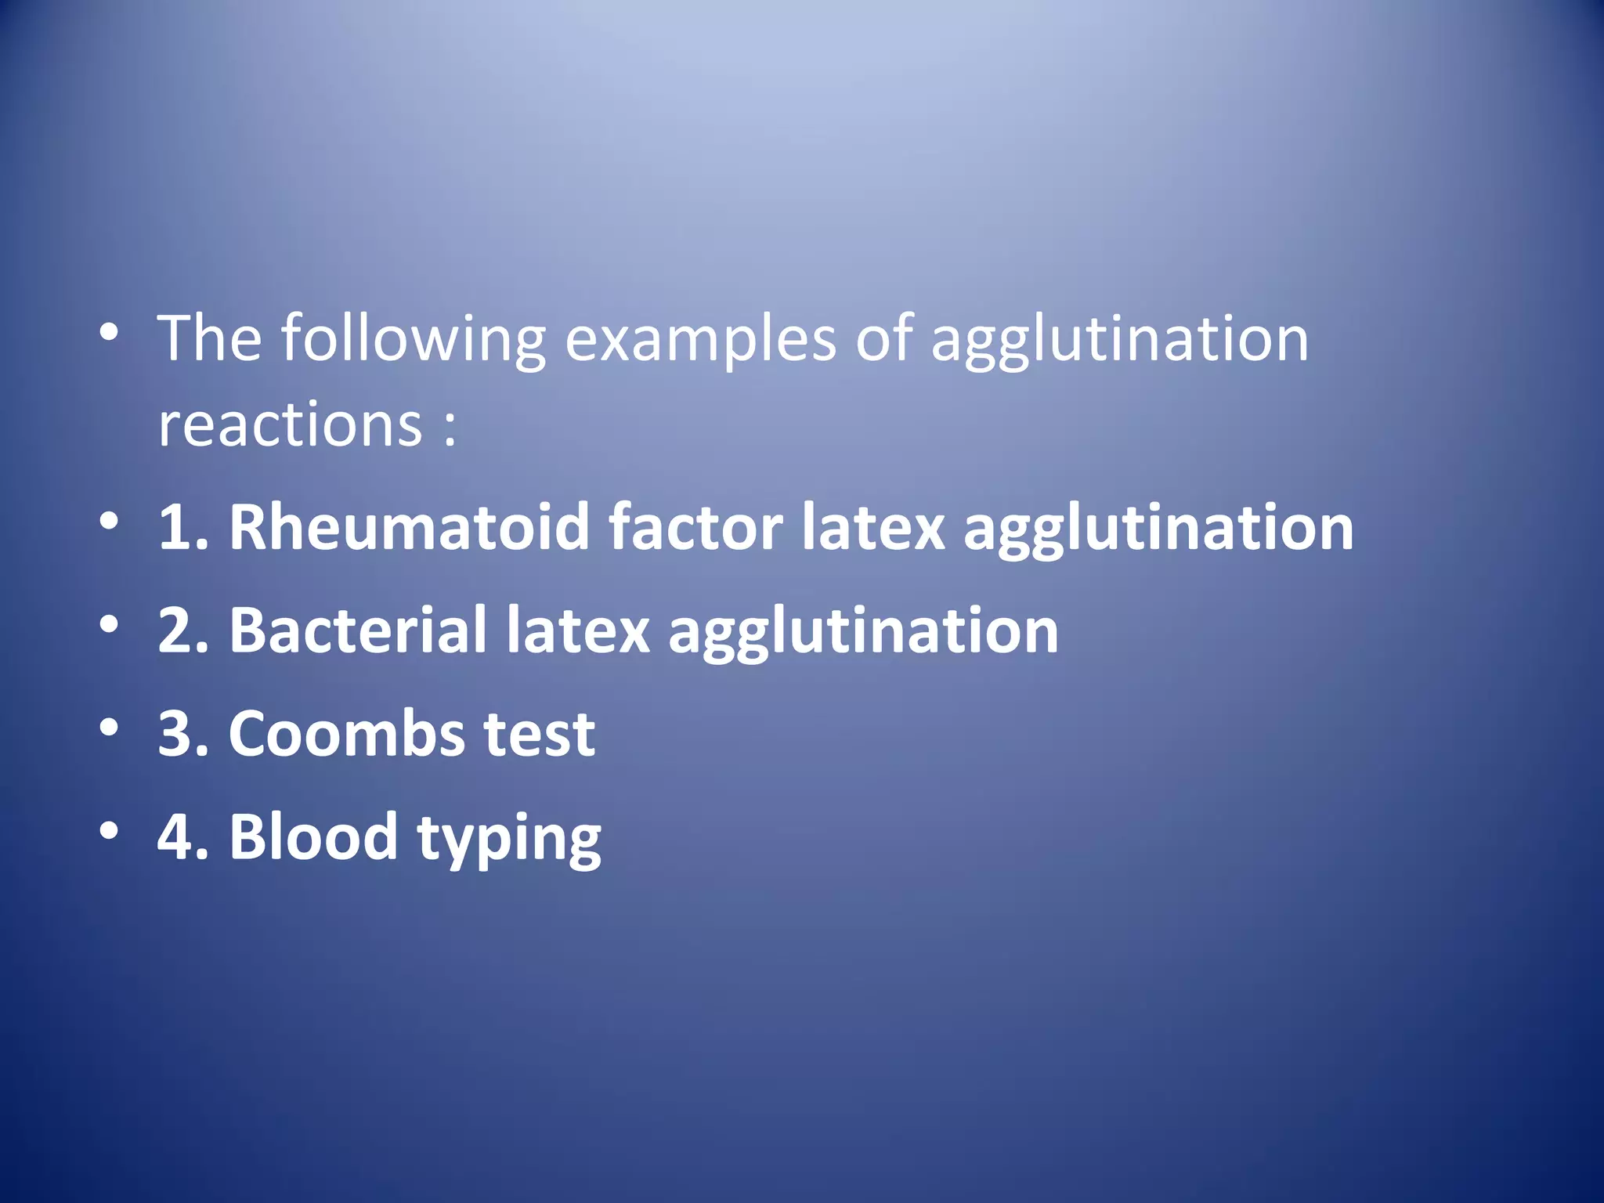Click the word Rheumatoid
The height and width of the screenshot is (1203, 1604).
tap(408, 528)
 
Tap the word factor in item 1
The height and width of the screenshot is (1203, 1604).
tap(695, 528)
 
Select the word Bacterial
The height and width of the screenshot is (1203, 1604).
tap(358, 631)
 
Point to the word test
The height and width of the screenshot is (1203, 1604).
tap(540, 735)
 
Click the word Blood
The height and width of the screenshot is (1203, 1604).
tap(313, 837)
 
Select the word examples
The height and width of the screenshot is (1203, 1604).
tap(700, 340)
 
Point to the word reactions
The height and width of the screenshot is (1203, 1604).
tap(291, 425)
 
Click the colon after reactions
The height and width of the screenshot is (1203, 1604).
tap(450, 430)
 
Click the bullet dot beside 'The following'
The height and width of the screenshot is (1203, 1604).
tap(110, 332)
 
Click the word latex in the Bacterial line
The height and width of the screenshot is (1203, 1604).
tap(578, 631)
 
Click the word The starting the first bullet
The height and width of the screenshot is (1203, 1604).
tap(210, 340)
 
